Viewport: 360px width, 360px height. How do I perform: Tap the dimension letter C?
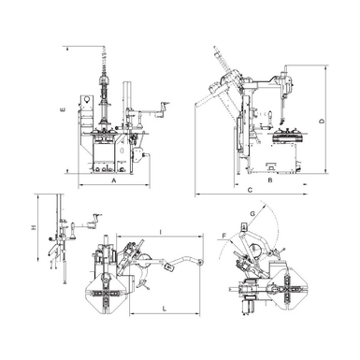point(250,191)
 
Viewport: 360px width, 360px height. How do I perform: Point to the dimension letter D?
point(321,122)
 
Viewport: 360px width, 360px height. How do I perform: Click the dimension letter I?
point(161,231)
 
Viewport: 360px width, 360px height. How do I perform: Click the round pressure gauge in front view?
point(87,96)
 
